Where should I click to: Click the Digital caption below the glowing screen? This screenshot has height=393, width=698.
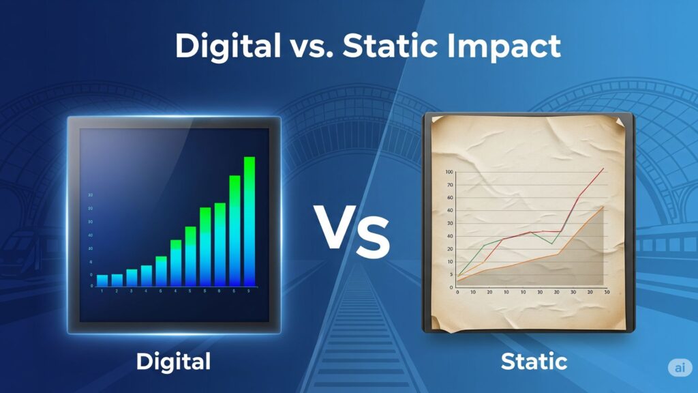pos(173,361)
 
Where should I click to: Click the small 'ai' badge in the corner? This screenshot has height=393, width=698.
pos(678,367)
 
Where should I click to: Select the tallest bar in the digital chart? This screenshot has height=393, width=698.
pos(249,221)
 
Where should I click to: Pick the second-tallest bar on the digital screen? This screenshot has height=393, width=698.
pos(234,231)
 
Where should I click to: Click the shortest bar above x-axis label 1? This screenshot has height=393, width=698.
pos(102,280)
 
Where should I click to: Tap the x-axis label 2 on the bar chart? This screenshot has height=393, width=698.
pos(117,291)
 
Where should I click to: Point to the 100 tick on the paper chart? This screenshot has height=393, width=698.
pos(449,173)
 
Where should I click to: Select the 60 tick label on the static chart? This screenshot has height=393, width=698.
pos(449,210)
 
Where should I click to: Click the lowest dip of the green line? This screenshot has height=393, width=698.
pos(551,244)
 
